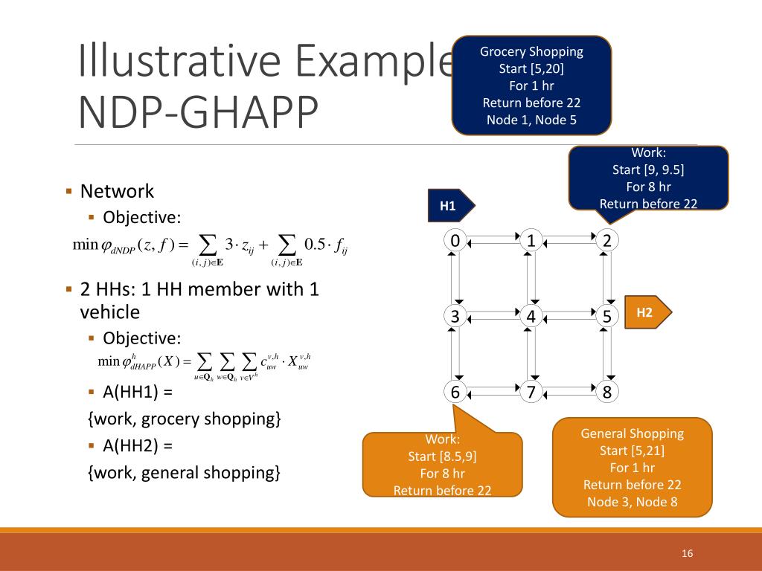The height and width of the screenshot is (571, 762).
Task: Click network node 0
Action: (455, 240)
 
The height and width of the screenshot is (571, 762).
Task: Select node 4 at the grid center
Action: (531, 316)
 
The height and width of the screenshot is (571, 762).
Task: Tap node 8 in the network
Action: (607, 392)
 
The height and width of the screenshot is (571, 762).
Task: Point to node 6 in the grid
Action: (455, 392)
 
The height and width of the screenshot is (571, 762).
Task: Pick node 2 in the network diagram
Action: (607, 240)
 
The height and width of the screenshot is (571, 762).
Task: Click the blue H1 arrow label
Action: (449, 206)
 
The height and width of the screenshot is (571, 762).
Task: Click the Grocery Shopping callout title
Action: (531, 52)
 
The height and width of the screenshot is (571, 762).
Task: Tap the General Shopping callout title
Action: (632, 433)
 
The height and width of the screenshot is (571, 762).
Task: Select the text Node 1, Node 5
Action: (531, 120)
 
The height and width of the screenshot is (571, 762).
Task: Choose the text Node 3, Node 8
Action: (632, 502)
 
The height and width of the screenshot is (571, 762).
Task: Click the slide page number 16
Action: (687, 553)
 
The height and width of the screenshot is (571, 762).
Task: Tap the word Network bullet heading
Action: (117, 192)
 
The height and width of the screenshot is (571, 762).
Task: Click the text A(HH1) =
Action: (138, 391)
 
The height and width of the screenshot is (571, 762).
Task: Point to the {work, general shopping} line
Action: (184, 472)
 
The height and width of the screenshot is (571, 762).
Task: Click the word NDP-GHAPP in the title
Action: (197, 112)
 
